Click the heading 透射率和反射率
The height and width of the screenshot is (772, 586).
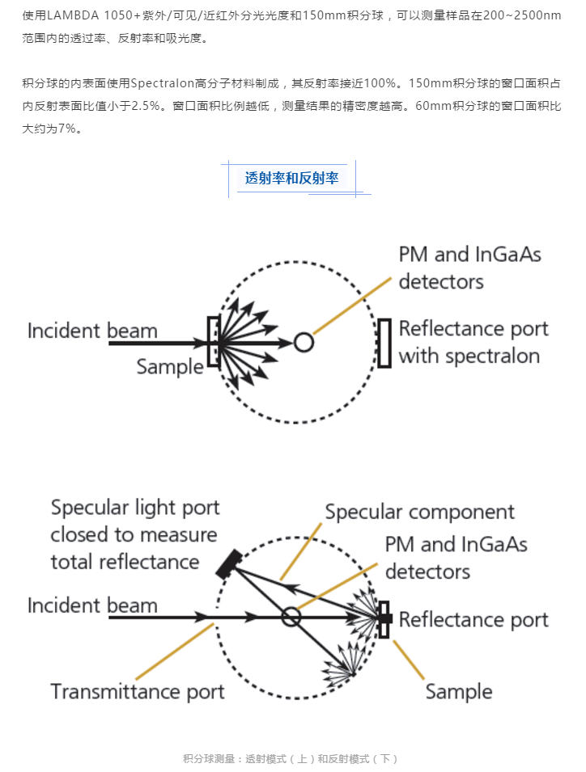pos(291,179)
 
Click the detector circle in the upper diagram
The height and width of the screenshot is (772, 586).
pos(304,343)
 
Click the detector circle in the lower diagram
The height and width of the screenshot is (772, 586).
pos(291,618)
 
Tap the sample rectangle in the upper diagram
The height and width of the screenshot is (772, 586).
pos(214,342)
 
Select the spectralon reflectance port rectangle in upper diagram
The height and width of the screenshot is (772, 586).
pos(384,342)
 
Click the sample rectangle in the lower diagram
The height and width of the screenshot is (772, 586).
pos(384,618)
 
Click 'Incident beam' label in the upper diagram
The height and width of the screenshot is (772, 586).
pos(92,331)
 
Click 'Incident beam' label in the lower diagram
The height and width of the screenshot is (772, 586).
pos(92,605)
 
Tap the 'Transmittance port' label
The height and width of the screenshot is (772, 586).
pos(138,692)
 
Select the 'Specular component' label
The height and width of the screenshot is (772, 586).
pos(419,513)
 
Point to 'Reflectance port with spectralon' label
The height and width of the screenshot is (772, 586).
pos(473,342)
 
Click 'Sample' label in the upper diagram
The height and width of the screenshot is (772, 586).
pos(169,367)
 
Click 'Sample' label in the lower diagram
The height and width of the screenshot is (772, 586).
pos(458,692)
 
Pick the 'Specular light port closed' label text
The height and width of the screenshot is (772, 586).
pos(134,534)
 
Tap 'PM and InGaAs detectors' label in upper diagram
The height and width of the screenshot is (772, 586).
pos(469,268)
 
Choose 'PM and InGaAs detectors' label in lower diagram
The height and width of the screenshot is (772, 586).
pos(456,558)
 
